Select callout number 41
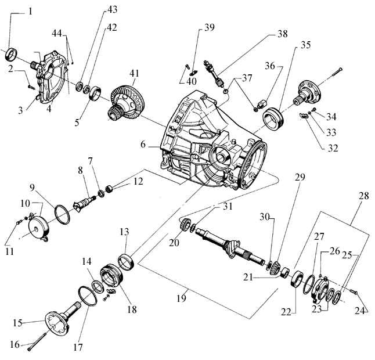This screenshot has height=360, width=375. point(135,74)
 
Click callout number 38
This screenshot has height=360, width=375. point(282,35)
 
